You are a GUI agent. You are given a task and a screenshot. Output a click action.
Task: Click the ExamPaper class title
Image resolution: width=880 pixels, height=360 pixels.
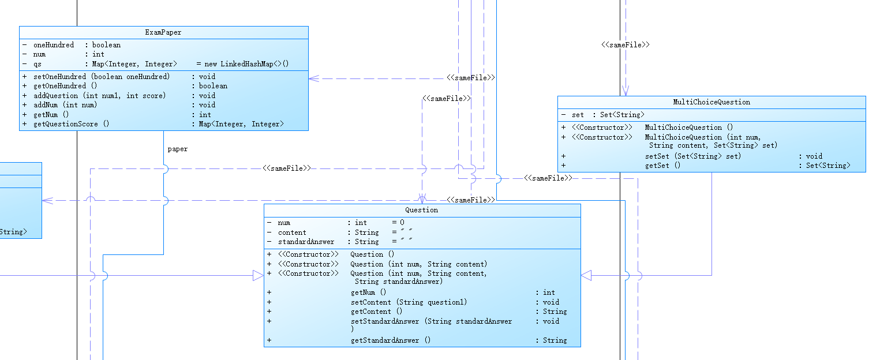163,33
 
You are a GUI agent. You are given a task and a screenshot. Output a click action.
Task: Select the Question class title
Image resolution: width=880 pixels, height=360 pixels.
422,210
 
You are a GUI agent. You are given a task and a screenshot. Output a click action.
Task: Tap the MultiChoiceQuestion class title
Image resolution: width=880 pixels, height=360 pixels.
712,102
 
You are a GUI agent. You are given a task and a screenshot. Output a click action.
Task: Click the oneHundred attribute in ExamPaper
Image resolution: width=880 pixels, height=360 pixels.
54,45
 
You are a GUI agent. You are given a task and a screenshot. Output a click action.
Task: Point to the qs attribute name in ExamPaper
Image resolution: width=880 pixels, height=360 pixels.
38,64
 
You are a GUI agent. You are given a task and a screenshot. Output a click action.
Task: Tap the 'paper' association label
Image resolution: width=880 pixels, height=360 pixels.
178,149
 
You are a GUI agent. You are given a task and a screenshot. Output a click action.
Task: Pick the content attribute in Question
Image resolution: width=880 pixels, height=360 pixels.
292,232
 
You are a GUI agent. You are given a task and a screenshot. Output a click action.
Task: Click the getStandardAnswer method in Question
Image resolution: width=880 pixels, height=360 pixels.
391,340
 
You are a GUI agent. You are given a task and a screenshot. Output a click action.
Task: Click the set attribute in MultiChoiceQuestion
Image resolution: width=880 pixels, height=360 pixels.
578,115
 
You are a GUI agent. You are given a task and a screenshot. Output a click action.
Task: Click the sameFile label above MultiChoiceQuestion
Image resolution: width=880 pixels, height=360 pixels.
626,44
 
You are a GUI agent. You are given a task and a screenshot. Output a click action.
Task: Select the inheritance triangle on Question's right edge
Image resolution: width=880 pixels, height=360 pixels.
586,276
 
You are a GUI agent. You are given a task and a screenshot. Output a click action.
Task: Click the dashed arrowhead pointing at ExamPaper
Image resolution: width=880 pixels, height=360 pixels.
313,78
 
